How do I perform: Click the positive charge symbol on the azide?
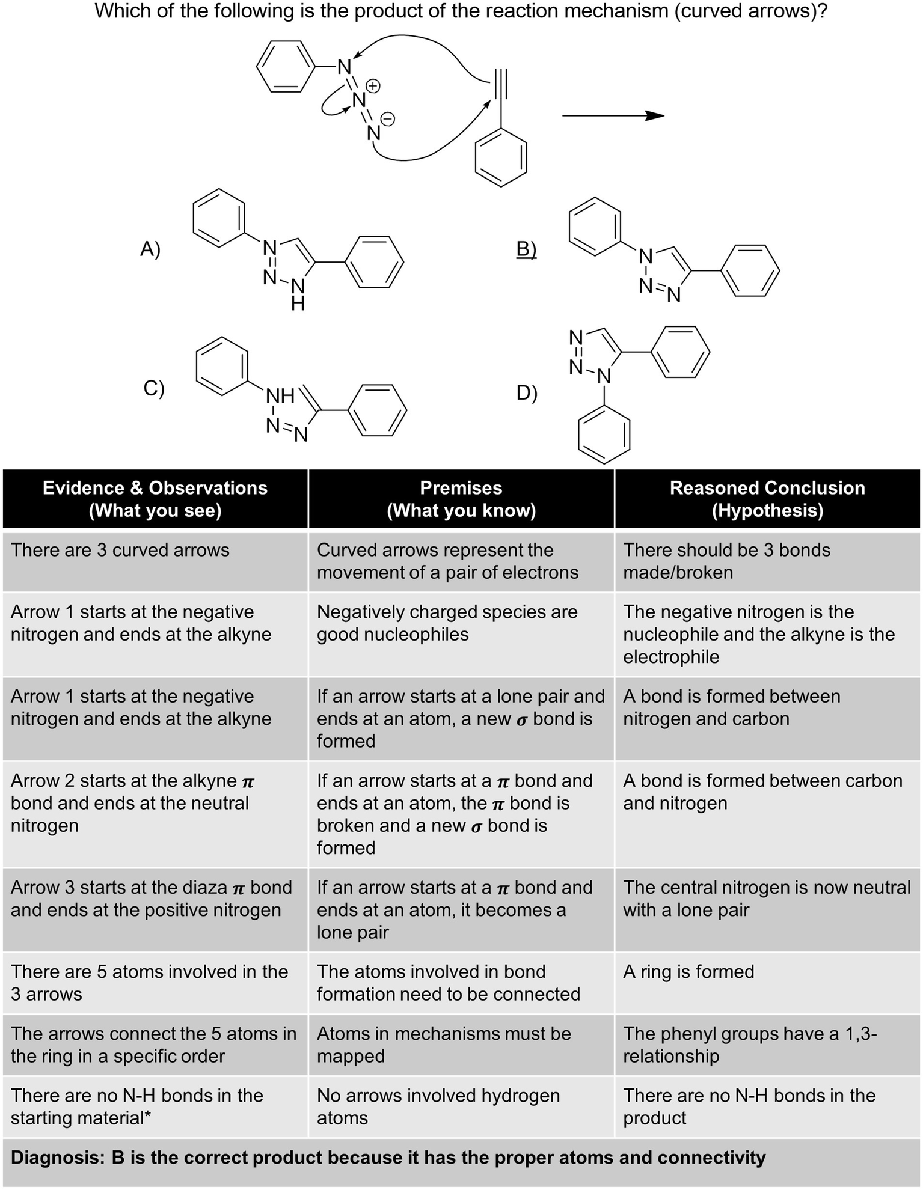pos(373,86)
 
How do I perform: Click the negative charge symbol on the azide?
pos(388,120)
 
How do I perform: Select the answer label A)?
pos(150,248)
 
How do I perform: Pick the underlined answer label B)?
pos(526,248)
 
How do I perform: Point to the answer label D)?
pos(527,393)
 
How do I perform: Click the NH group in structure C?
pos(280,396)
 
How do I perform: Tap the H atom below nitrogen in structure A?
pos(298,305)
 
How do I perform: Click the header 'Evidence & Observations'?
pos(155,488)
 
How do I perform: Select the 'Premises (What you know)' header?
pos(461,499)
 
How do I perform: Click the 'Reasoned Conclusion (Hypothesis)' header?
pos(767,499)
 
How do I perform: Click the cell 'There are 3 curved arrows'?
pos(120,550)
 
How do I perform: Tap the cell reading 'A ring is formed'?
pos(688,972)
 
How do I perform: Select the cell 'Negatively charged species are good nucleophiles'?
pos(447,623)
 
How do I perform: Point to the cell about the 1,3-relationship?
pos(749,1045)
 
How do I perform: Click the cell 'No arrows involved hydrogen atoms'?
pos(438,1106)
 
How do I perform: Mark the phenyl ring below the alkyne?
pos(501,157)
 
